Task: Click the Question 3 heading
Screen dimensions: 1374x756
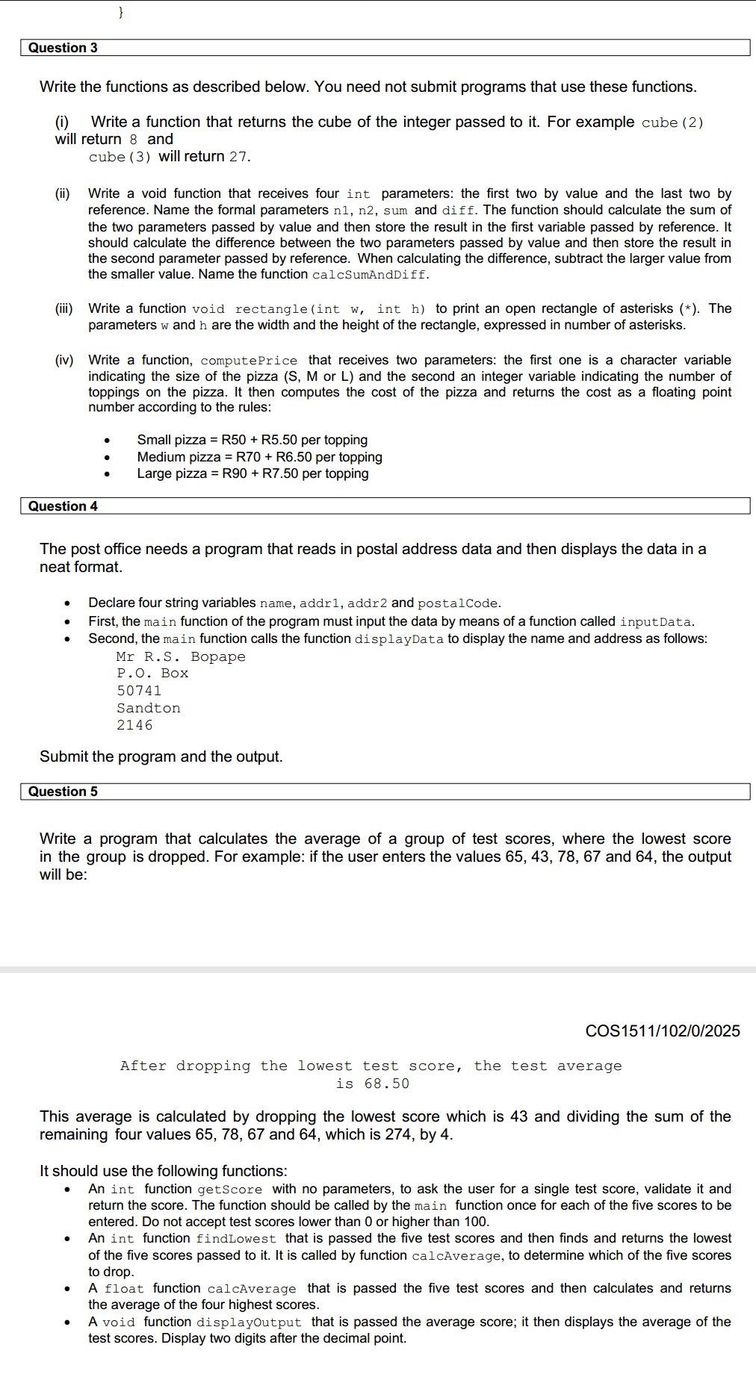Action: point(63,48)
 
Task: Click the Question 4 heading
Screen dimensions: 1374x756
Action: point(63,506)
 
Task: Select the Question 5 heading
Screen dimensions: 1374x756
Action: point(63,792)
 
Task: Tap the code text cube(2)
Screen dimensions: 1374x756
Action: point(672,122)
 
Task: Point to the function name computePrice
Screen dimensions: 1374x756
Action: point(249,361)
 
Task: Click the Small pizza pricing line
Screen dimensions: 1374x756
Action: point(252,440)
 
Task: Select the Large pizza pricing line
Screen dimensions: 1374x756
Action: point(252,473)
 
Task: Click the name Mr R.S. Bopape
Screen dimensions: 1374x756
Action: point(181,656)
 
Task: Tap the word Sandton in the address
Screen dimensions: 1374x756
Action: point(148,708)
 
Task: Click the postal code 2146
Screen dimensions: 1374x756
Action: point(134,725)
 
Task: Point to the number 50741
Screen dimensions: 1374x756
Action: point(139,691)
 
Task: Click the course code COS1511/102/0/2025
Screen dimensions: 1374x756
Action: point(663,1031)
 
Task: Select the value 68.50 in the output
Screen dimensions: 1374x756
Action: point(387,1084)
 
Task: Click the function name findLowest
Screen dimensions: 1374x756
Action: point(236,1239)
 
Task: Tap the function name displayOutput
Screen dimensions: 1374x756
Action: point(249,1322)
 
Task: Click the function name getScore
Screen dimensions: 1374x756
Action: point(230,1190)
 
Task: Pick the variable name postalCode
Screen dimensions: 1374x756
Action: point(457,603)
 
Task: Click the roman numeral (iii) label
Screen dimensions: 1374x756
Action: point(63,308)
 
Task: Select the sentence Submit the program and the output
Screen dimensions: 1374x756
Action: point(161,756)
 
